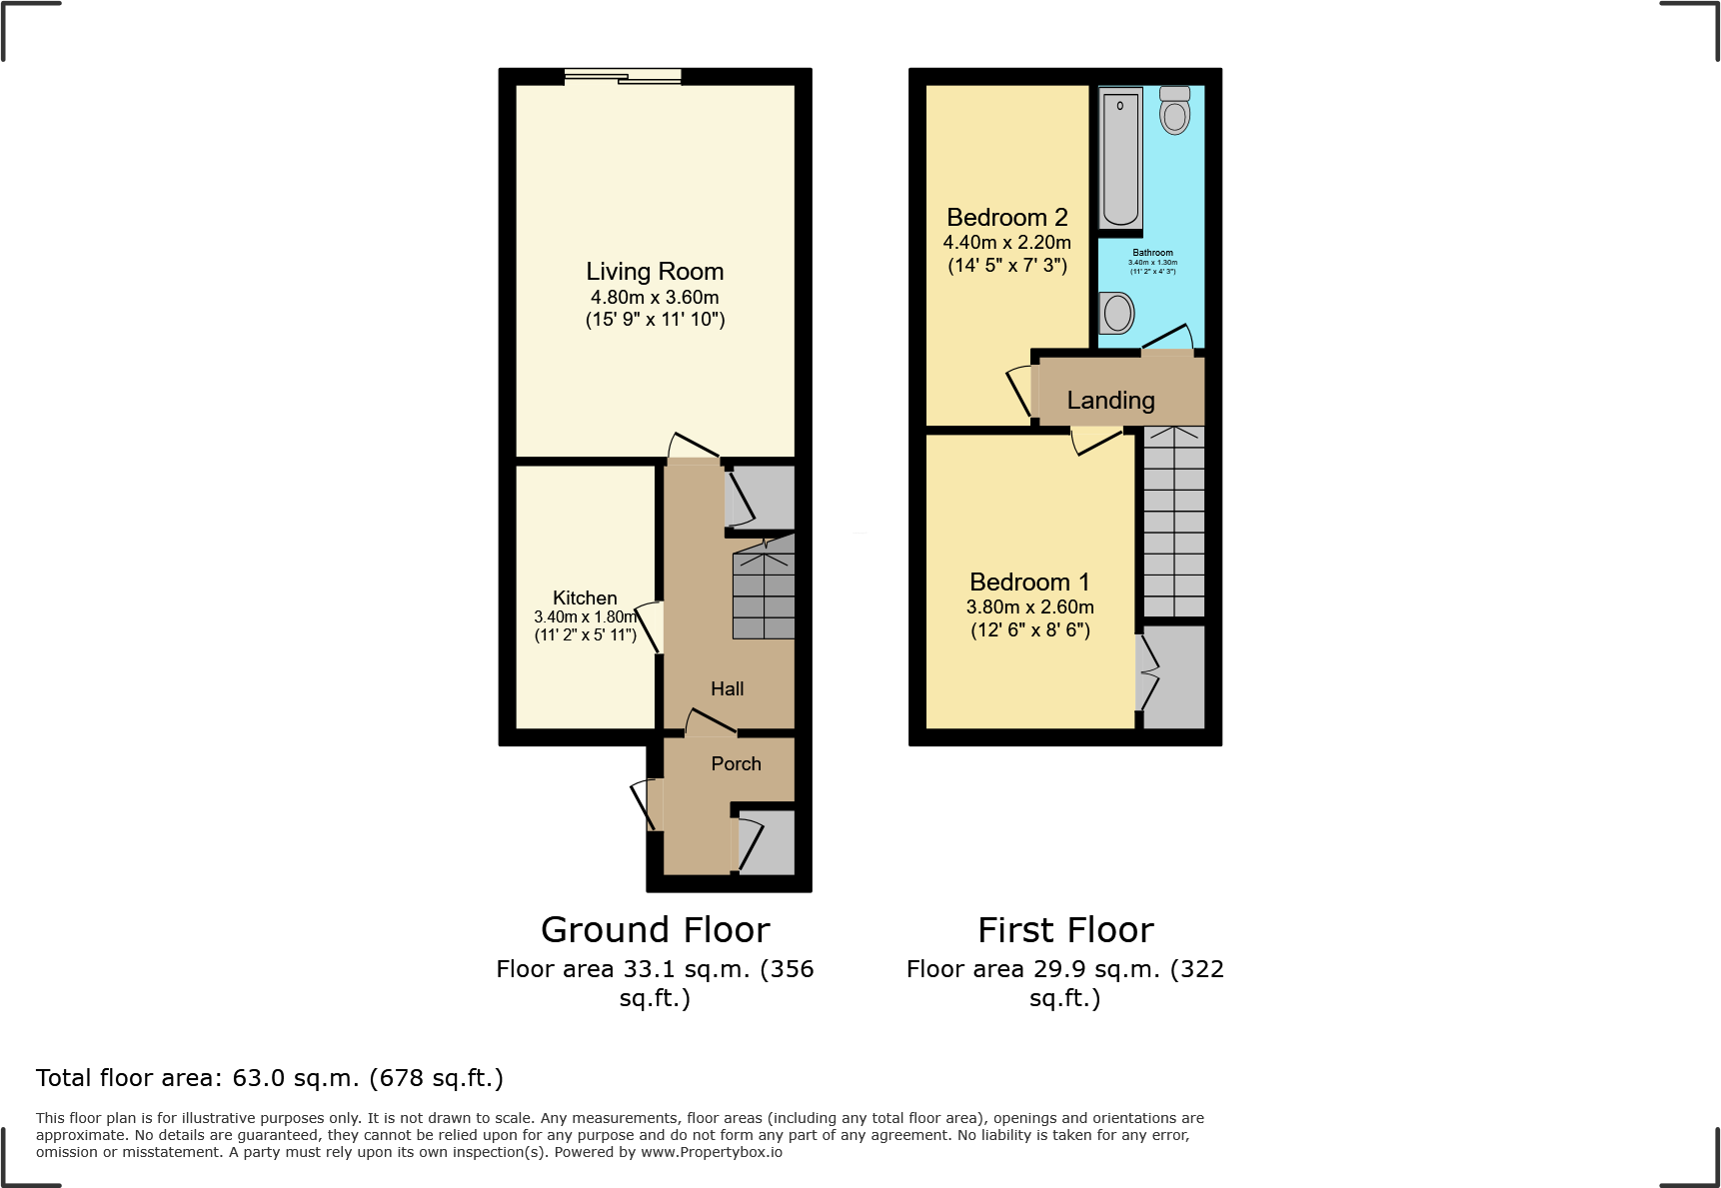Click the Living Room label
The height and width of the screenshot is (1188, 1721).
[x=655, y=272]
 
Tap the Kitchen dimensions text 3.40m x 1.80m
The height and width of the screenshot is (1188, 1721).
[x=586, y=617]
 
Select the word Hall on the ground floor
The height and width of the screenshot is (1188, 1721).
[x=727, y=688]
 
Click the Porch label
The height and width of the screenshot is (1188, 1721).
[x=736, y=763]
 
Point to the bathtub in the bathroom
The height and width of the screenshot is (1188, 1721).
[x=1120, y=159]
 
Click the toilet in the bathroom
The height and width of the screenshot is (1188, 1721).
[x=1174, y=111]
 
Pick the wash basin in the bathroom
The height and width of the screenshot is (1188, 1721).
[x=1117, y=313]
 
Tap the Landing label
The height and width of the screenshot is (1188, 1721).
[x=1110, y=400]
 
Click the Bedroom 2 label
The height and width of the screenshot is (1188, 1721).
[x=1006, y=217]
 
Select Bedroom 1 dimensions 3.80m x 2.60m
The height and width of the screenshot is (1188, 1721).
[x=1029, y=606]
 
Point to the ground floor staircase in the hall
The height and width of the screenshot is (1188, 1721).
[x=764, y=592]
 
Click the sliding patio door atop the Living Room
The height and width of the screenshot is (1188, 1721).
[x=623, y=76]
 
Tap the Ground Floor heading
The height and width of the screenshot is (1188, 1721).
[x=655, y=929]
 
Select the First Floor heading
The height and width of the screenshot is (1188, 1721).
[x=1065, y=929]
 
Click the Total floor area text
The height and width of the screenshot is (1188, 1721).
[x=270, y=1078]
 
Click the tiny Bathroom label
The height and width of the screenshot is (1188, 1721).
[x=1152, y=253]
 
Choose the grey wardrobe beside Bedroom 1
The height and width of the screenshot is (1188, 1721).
[x=1174, y=676]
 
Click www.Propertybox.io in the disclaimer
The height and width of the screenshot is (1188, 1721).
[x=711, y=1152]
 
